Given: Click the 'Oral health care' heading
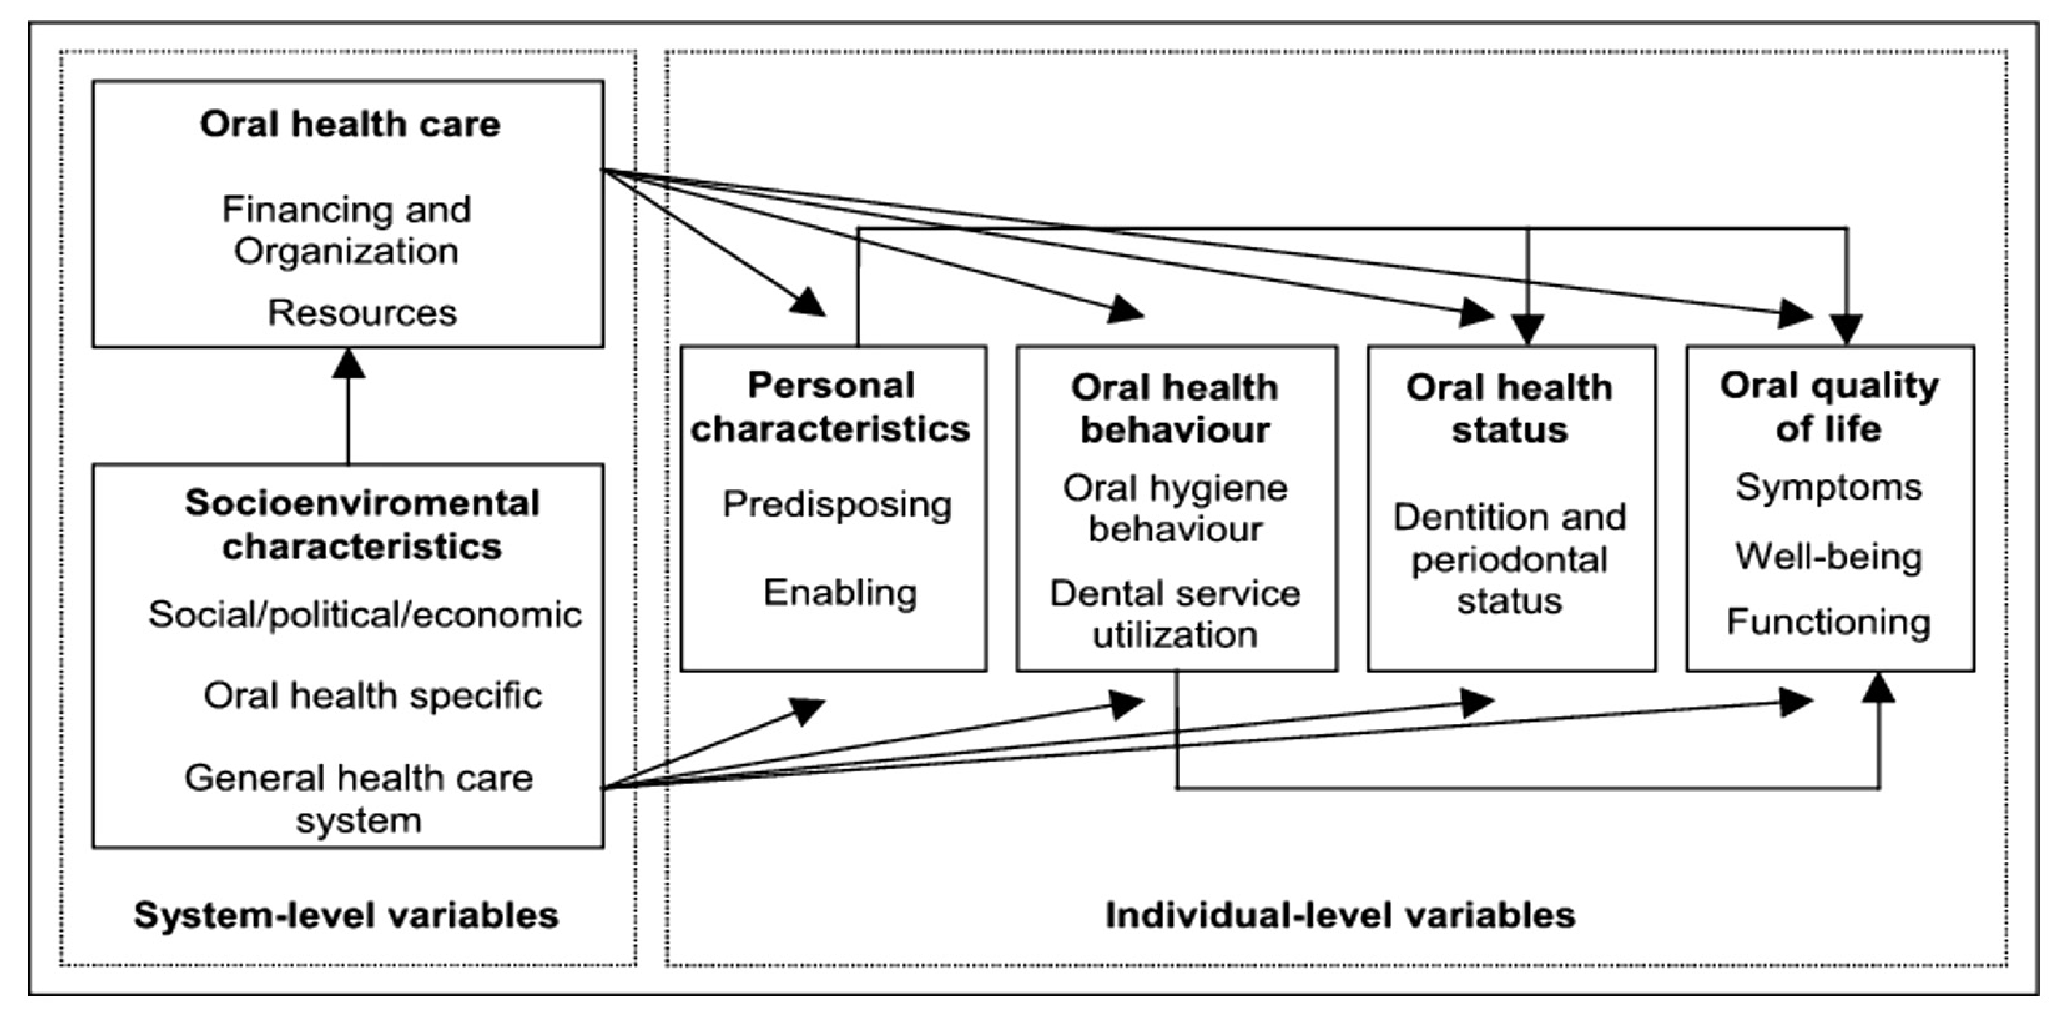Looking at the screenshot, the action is coord(350,125).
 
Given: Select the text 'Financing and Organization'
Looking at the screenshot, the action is coord(347,230).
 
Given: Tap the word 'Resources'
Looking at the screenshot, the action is coord(362,313).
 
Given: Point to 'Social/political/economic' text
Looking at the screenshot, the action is coord(365,615).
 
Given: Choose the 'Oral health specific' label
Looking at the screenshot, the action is coord(373,695).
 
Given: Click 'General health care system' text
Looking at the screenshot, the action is coord(359,798).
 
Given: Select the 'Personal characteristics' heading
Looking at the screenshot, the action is coord(831,407).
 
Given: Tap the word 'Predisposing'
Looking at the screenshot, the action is coord(837,505).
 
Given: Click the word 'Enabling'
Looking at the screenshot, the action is coord(840,593).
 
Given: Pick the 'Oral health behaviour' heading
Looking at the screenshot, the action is coord(1175,409).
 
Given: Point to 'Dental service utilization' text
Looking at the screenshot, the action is coord(1175,613).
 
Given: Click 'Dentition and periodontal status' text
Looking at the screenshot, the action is coord(1509,558).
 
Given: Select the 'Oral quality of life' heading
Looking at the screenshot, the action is coord(1828,407).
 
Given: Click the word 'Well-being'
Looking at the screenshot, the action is coord(1828,557).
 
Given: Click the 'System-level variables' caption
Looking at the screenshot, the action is coord(346,915).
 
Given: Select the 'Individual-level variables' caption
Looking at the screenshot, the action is coord(1340,915).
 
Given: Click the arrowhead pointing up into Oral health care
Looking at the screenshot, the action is coord(348,363).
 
